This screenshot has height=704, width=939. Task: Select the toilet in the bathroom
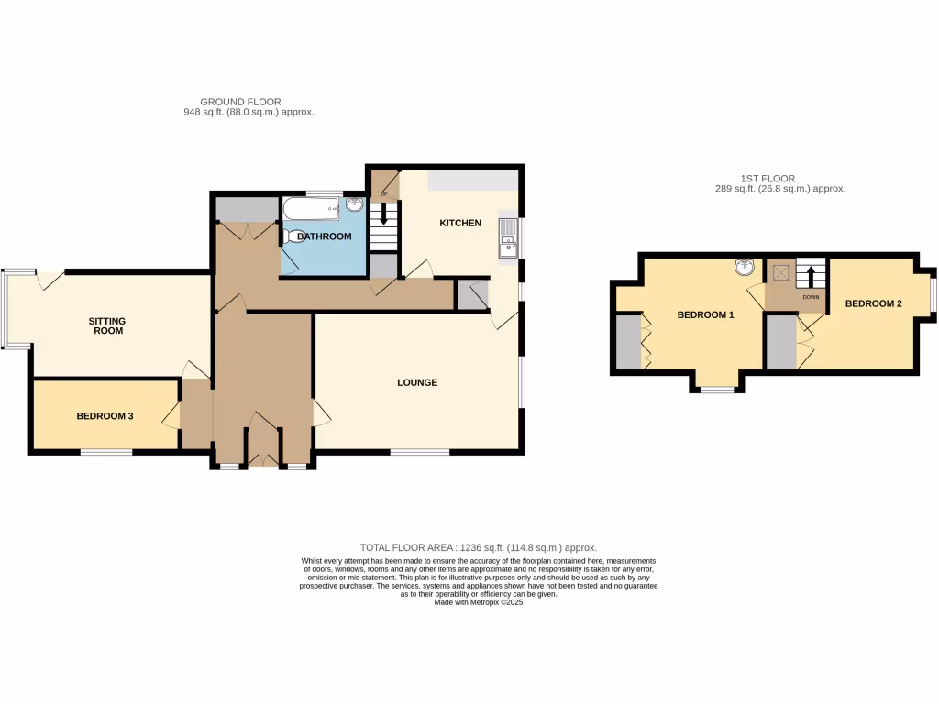(x=296, y=236)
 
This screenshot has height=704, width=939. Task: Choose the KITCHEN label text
(x=460, y=223)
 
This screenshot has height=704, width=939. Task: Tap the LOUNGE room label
(x=417, y=382)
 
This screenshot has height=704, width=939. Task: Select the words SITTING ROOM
(x=106, y=325)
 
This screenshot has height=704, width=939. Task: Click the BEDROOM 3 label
(x=105, y=415)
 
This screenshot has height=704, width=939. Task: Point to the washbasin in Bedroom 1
(x=746, y=268)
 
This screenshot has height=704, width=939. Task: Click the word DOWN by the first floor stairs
(x=810, y=297)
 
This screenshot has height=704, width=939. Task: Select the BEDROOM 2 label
(x=874, y=303)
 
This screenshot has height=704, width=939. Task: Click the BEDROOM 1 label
(x=705, y=315)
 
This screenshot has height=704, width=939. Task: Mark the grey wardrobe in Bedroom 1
(x=627, y=342)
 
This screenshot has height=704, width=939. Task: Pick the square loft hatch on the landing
(x=781, y=271)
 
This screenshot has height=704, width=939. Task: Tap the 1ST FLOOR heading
(x=768, y=179)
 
